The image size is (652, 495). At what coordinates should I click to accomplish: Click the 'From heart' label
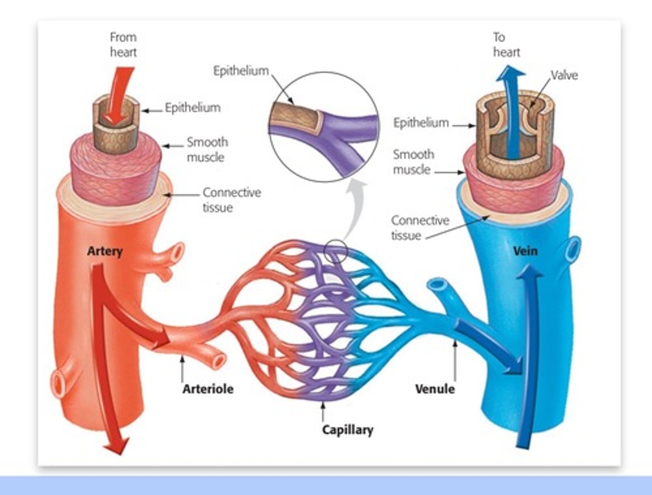coord(123,44)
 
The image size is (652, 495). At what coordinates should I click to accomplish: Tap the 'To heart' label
coord(506,44)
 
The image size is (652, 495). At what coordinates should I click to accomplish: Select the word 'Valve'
coord(564,75)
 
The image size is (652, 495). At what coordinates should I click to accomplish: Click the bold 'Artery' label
coord(105,251)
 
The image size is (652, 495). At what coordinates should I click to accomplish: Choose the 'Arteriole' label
coord(208,389)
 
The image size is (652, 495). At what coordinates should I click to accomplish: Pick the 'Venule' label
coord(435,389)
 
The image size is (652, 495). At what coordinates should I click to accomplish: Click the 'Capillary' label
coord(347,429)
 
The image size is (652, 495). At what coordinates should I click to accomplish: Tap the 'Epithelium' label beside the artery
coord(192,108)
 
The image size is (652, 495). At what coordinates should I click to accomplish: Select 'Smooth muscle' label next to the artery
coord(206,149)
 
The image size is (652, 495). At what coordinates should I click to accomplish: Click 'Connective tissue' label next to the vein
coord(420,228)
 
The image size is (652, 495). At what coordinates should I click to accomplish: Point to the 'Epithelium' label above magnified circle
coord(241,71)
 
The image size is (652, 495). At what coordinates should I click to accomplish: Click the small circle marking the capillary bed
coord(336,252)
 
